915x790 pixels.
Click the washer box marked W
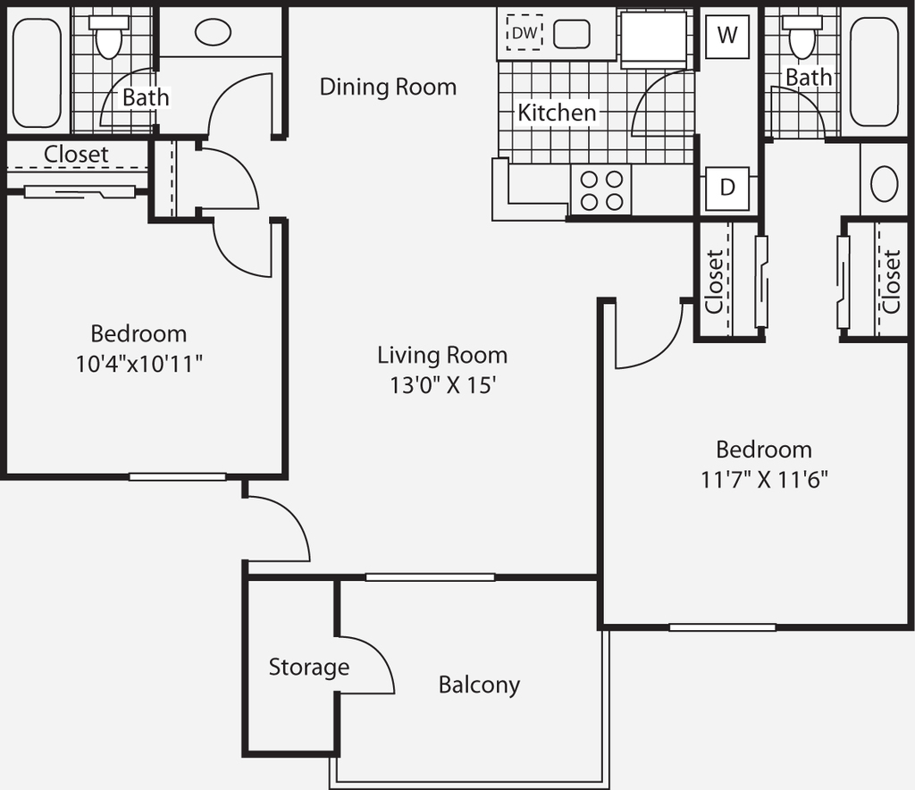pos(727,36)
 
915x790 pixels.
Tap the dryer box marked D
pos(727,189)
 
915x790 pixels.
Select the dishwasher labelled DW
pos(524,33)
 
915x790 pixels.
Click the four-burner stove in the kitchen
pos(601,189)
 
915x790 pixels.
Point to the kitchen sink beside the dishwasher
pos(571,34)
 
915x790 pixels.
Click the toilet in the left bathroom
pos(108,37)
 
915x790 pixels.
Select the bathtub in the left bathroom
pos(37,73)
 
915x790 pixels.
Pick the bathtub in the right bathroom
pos(874,71)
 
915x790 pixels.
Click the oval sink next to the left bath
pos(213,33)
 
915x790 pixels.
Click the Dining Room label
pos(388,87)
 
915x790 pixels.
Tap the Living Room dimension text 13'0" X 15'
pos(443,385)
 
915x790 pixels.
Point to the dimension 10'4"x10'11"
pos(139,364)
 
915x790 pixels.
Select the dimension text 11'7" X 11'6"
pos(764,480)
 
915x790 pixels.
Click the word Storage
pos(308,667)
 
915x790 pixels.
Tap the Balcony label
pos(479,685)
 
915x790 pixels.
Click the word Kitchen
pos(558,113)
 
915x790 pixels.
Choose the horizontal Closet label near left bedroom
pos(76,154)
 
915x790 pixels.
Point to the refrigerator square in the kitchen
pos(653,39)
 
